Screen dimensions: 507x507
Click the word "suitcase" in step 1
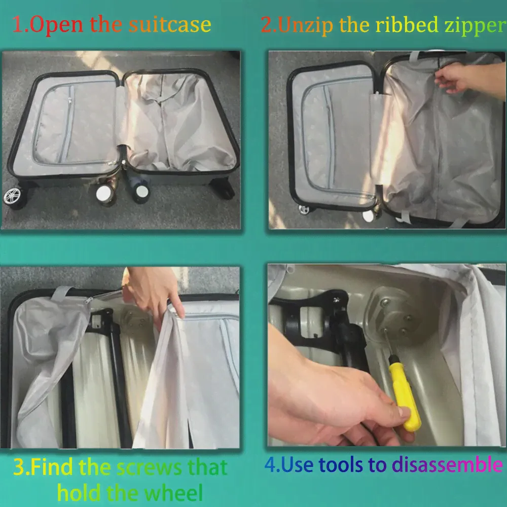coord(170,24)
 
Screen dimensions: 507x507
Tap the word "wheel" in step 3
coord(173,492)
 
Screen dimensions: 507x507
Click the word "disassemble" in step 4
coord(447,464)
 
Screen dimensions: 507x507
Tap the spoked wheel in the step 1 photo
coord(12,196)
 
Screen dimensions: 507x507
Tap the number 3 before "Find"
coord(20,467)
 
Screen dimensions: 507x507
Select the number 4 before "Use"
coord(271,464)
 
